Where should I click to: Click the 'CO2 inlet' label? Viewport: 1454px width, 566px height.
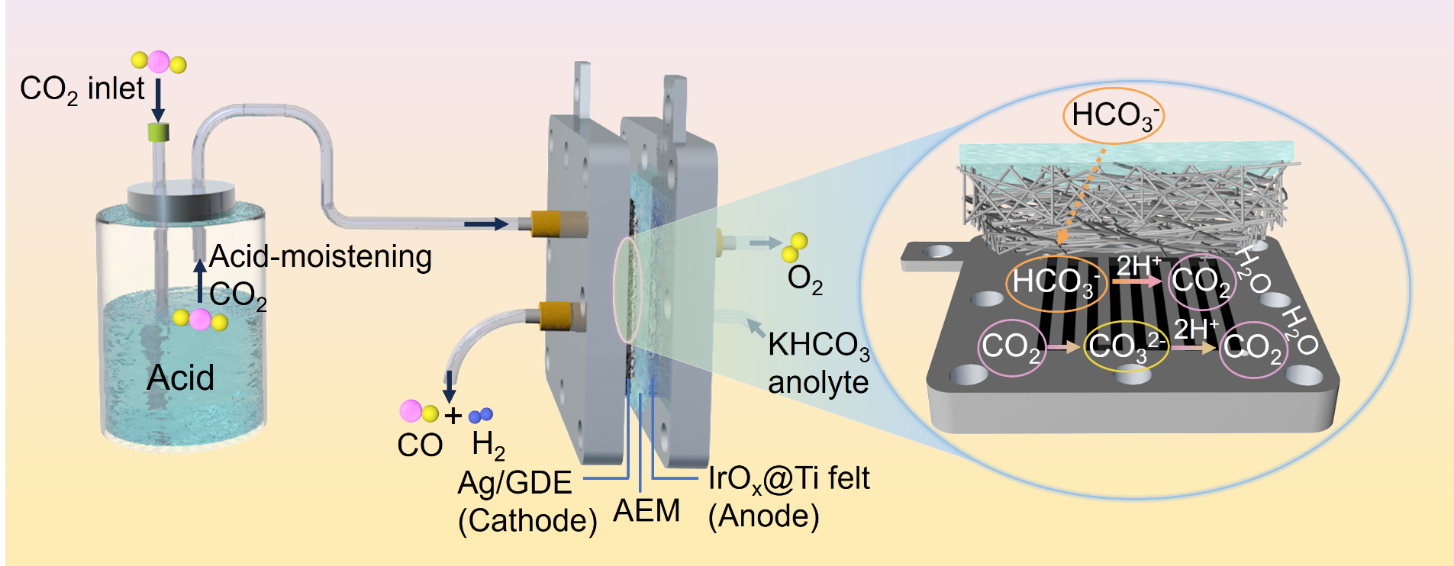(x=82, y=89)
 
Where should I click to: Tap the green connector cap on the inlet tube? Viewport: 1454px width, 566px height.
(x=158, y=132)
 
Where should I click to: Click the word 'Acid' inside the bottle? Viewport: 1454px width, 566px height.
(x=180, y=378)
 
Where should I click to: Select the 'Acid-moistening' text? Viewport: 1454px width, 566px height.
(x=320, y=256)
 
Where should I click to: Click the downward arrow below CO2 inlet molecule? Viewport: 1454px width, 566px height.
(x=158, y=99)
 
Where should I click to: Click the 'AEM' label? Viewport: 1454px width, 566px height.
(x=646, y=511)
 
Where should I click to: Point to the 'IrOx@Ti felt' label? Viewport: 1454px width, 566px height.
(x=788, y=479)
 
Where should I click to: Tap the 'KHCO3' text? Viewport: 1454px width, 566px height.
(x=817, y=346)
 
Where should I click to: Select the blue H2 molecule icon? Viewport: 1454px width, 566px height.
(x=481, y=415)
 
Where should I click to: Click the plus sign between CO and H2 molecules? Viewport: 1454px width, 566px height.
(x=453, y=416)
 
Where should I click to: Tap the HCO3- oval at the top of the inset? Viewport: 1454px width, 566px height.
(x=1114, y=116)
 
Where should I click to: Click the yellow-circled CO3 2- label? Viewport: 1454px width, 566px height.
(x=1126, y=346)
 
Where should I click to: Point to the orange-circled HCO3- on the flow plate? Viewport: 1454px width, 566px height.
(x=1056, y=281)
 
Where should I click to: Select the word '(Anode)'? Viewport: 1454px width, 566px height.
(x=763, y=516)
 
